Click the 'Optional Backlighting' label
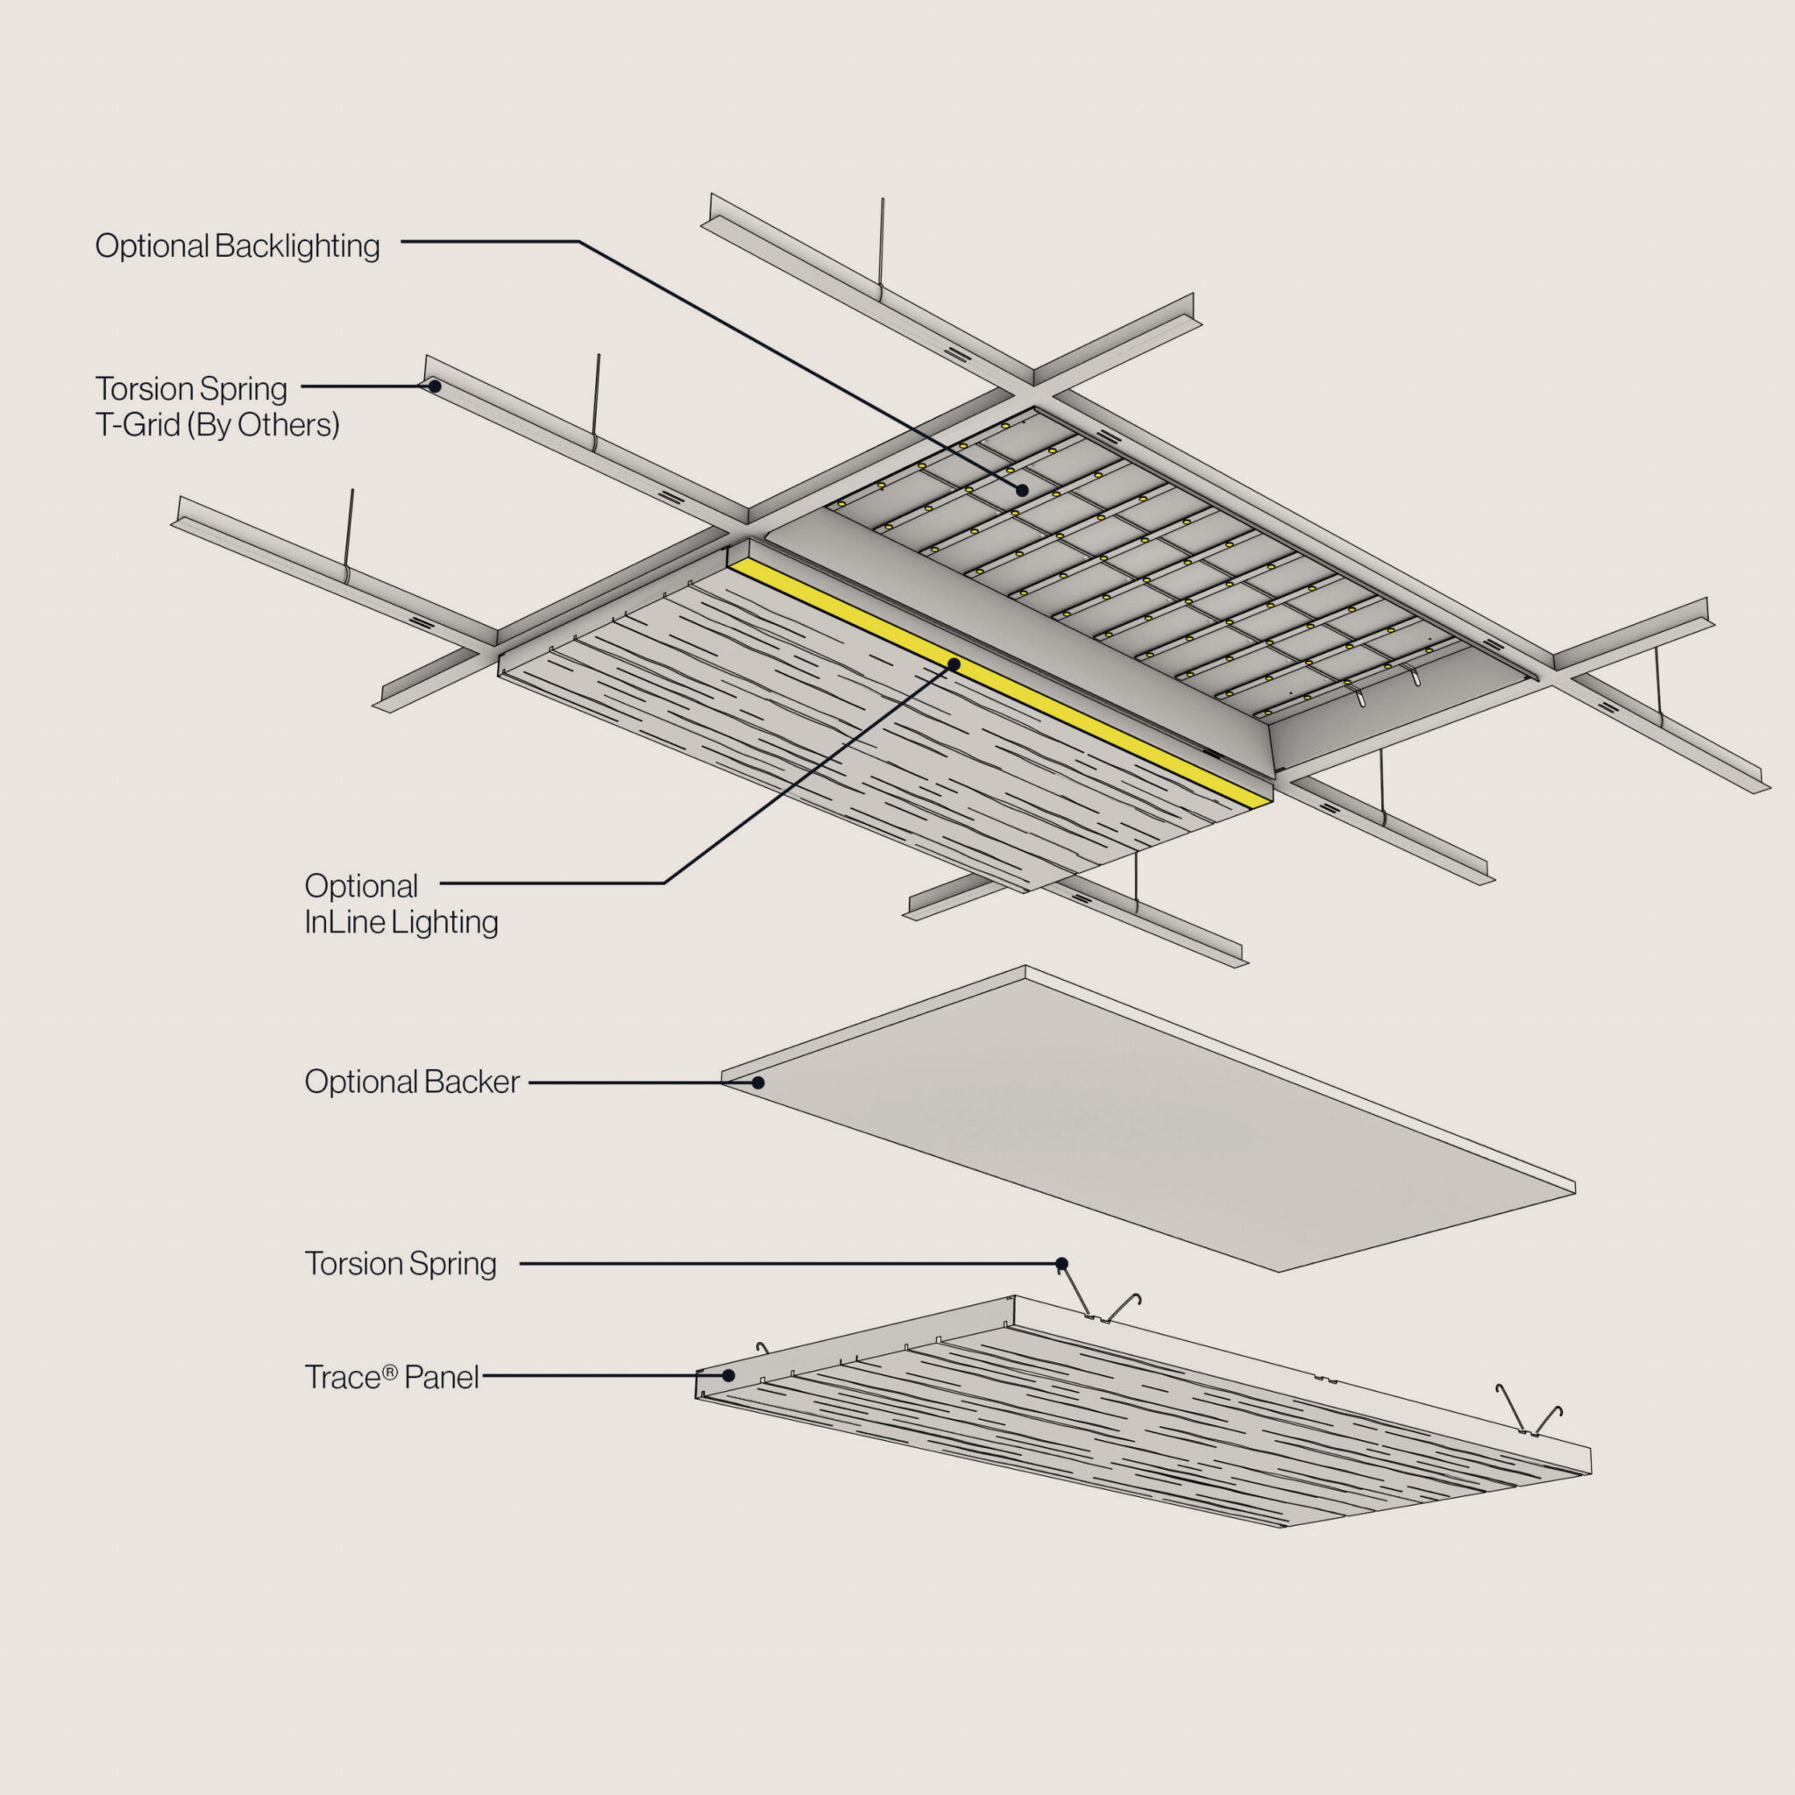(x=237, y=246)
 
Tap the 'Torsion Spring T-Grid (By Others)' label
(x=216, y=406)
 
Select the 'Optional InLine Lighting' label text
(x=401, y=903)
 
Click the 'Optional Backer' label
(x=412, y=1082)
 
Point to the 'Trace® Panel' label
(x=391, y=1377)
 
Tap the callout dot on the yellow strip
(x=954, y=664)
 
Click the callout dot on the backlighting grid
(x=1022, y=490)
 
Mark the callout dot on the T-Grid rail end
(x=434, y=386)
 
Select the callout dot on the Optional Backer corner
(x=758, y=1082)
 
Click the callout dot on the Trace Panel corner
(x=729, y=1376)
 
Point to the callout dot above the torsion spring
(x=1062, y=1264)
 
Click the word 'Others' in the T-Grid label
(x=288, y=424)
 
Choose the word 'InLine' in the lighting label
(x=344, y=922)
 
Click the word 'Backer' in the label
(x=472, y=1082)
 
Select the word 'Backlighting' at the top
(x=297, y=246)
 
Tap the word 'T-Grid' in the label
(x=138, y=424)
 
